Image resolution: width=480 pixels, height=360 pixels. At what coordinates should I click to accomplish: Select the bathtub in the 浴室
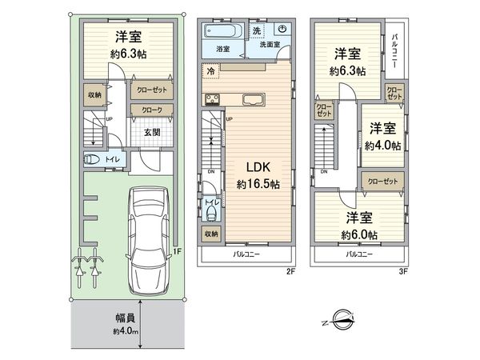pos(220,33)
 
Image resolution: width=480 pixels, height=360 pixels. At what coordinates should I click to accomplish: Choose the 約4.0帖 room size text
pos(381,146)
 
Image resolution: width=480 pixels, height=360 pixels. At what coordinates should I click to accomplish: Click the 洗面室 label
pos(269,46)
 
